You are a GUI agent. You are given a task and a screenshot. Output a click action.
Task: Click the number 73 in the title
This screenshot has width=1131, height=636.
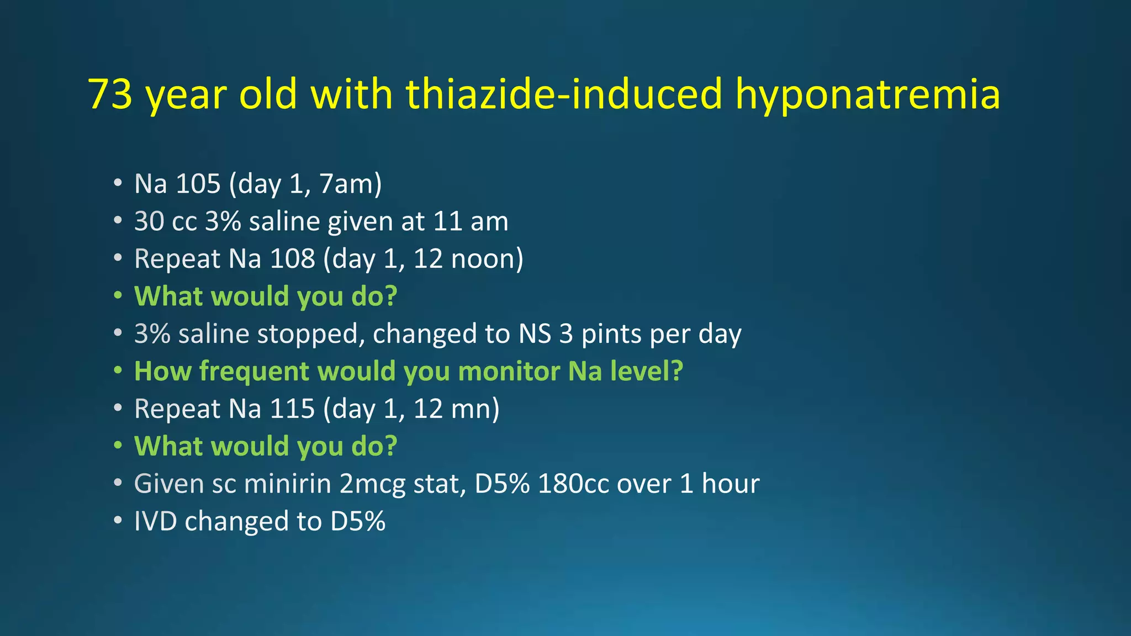(110, 94)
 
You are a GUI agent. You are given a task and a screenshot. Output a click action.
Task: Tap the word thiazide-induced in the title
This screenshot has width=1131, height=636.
(564, 94)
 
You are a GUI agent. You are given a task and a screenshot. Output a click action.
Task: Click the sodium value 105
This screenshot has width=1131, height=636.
(198, 184)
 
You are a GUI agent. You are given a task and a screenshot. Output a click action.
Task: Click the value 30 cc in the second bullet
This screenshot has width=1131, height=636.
(166, 221)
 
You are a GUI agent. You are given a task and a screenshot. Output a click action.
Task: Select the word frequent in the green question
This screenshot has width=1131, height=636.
(253, 371)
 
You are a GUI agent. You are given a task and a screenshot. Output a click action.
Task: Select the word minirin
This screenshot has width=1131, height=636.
(288, 484)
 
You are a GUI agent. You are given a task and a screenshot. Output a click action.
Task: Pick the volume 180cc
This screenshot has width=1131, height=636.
(573, 484)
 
